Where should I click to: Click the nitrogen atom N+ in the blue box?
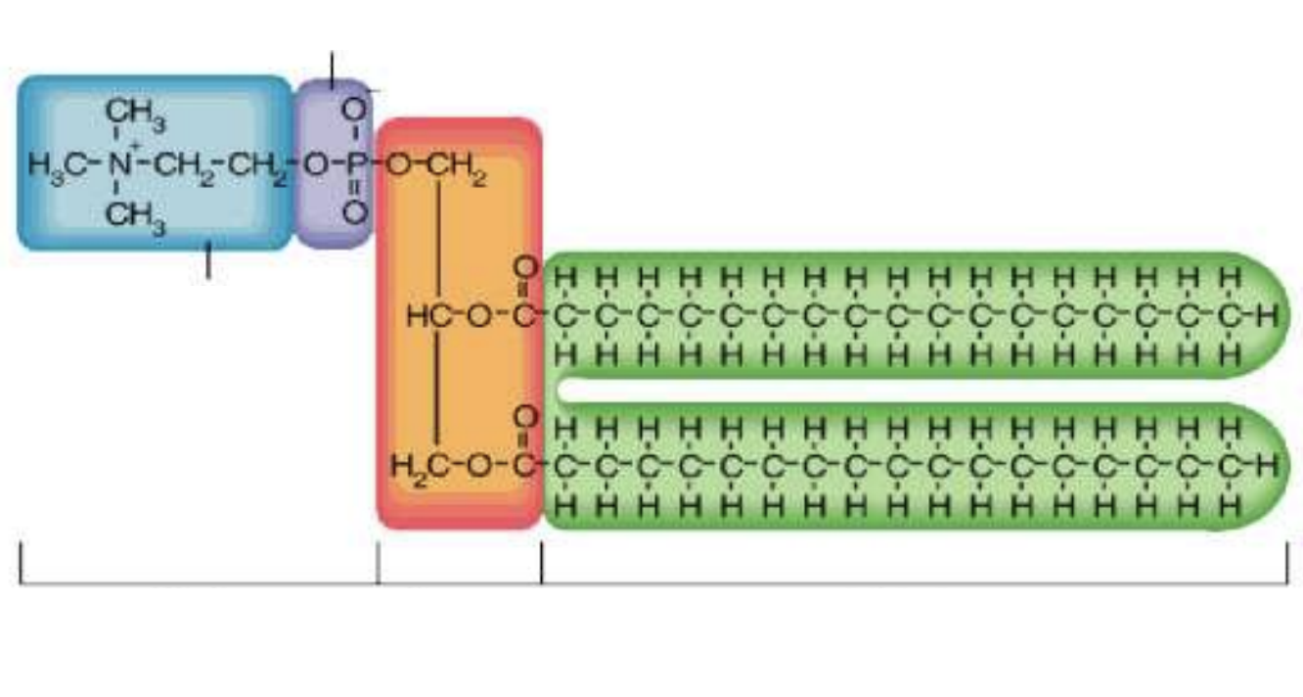119,163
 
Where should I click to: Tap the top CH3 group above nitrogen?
134,116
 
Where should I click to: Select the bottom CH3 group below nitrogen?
134,214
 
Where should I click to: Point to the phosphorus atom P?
355,163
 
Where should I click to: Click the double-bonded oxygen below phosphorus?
355,211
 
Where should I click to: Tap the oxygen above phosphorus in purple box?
355,110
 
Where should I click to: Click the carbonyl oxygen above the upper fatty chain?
526,266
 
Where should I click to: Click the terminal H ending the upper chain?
1269,315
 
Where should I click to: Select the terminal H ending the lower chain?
1269,464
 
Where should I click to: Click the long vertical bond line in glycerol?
437,313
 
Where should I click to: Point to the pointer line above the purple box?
332,69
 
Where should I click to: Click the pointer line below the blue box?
207,262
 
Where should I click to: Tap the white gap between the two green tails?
880,390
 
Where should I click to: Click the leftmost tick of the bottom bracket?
21,564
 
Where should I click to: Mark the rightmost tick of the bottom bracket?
1286,564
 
